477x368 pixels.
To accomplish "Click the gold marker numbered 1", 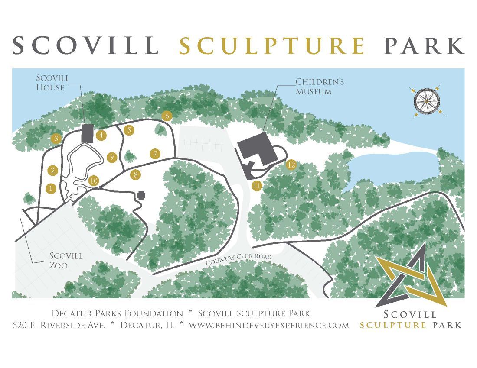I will coord(51,188).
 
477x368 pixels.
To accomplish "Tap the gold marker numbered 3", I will coord(56,139).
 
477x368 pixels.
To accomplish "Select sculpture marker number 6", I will coord(167,116).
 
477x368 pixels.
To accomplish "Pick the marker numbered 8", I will coord(135,175).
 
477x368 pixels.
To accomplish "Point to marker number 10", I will coord(94,181).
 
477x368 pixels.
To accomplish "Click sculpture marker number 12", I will coord(291,165).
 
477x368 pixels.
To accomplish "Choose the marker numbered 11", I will coord(257,185).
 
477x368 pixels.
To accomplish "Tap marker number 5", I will coord(128,130).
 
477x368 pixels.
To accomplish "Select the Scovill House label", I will coord(53,83).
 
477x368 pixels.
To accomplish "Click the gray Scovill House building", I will coord(87,133).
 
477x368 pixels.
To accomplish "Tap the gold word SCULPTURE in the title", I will coord(272,45).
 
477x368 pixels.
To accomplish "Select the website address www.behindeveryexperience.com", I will coord(269,325).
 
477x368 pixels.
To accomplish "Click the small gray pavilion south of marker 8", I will coord(141,195).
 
